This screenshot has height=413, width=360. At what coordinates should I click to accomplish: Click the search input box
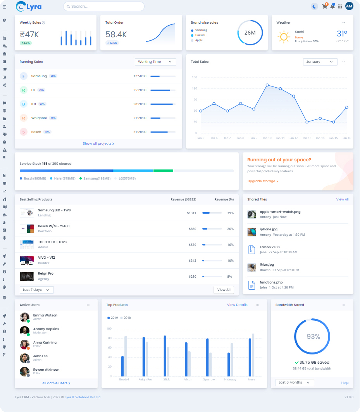coord(103,6)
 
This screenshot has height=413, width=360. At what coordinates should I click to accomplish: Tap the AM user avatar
coord(349,6)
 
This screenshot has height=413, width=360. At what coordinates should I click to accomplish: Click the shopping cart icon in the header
coord(324,6)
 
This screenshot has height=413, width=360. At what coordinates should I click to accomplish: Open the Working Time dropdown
coord(155,62)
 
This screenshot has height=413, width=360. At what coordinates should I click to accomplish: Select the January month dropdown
coord(320,62)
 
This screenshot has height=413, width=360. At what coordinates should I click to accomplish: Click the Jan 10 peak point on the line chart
coord(267,85)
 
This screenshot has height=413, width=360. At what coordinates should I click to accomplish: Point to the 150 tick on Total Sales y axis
coord(195,78)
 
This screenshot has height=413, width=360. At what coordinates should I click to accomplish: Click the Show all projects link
coord(98,143)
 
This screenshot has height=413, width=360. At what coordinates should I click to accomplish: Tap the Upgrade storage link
coord(263,181)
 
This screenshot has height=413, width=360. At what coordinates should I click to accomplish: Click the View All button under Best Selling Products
coord(224,290)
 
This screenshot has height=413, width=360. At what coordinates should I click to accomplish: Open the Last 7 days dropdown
coord(36,290)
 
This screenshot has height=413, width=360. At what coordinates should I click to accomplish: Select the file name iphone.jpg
coord(269,229)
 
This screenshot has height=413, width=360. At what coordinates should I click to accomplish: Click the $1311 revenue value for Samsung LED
coord(191,213)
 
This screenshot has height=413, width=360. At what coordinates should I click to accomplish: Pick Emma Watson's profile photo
coord(24,317)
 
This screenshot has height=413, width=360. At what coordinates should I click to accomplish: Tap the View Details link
coord(237,305)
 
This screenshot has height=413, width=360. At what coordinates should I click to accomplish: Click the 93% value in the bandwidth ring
coord(313,337)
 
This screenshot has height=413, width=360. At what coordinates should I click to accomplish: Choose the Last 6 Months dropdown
coord(295,382)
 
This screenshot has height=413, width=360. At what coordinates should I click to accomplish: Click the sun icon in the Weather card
coord(284,37)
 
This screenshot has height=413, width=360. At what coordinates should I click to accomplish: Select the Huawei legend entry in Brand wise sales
coord(200,35)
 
